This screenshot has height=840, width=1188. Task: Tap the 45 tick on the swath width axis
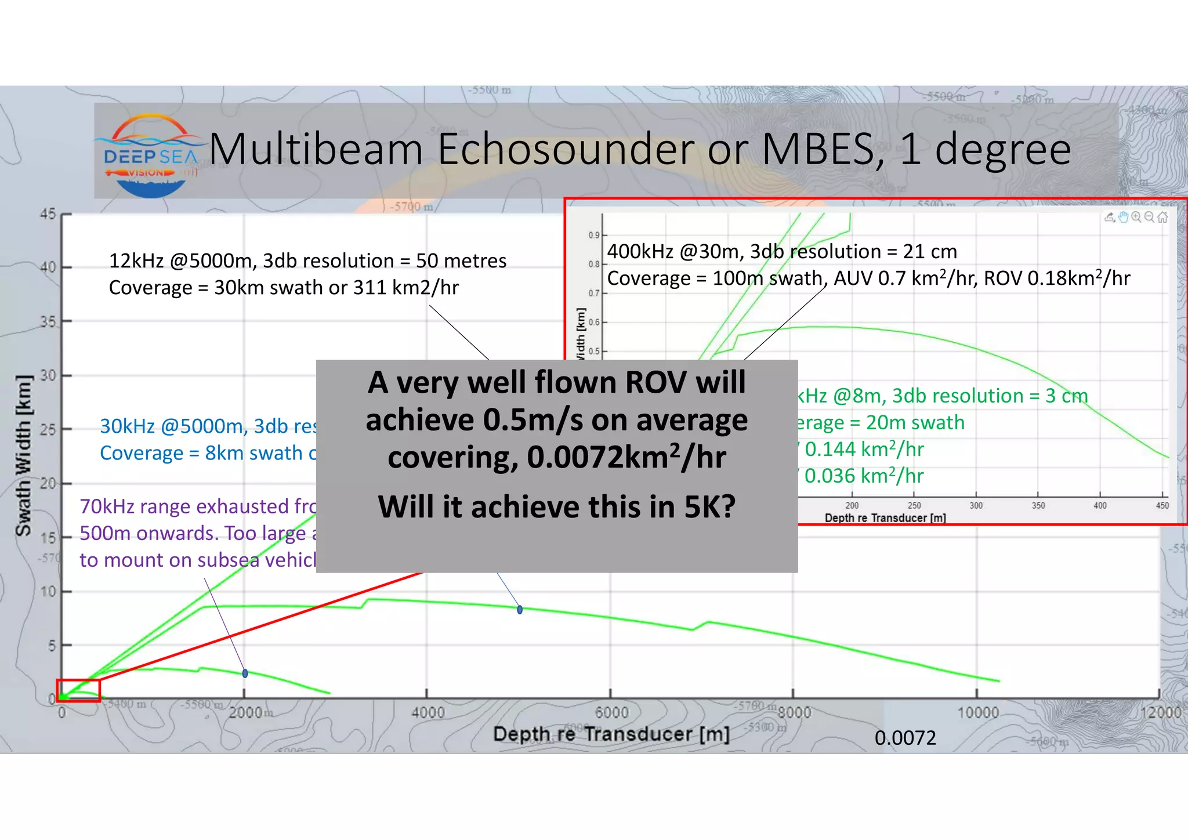[x=48, y=214]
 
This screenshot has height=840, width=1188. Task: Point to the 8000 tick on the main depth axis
[x=794, y=712]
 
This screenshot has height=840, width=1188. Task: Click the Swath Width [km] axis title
[x=24, y=455]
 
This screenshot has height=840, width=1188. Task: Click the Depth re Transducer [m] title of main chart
[x=611, y=734]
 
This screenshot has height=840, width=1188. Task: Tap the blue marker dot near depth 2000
[x=245, y=674]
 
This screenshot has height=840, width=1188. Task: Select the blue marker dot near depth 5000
[x=520, y=610]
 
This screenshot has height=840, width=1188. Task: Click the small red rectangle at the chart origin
[x=78, y=690]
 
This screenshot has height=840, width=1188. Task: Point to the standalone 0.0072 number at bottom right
[x=905, y=738]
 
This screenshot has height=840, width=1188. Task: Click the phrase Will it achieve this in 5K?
[x=556, y=507]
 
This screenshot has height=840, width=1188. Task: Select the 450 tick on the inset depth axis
[x=1162, y=505]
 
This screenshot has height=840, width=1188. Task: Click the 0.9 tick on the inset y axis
[x=593, y=235]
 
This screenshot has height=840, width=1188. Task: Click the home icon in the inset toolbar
[x=1162, y=217]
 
